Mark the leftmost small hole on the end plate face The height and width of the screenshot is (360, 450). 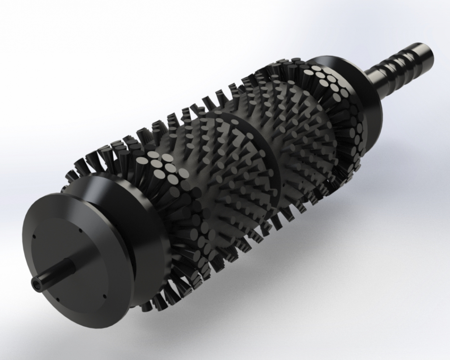tap(34, 237)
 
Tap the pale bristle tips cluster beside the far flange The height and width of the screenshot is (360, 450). tap(324, 79)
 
